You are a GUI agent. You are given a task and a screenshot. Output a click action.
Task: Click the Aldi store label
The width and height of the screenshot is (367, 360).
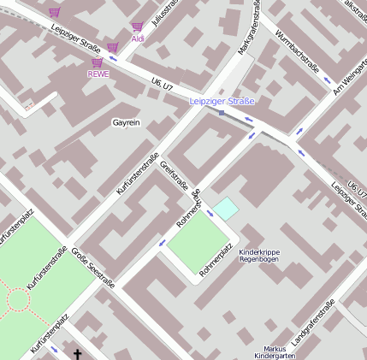[138, 38]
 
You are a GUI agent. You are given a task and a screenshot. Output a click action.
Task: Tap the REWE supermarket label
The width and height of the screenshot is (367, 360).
[98, 74]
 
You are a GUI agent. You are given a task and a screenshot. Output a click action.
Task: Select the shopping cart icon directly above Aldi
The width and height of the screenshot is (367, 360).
[137, 27]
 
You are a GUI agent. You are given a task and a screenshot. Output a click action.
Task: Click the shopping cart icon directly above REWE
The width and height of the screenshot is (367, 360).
[97, 62]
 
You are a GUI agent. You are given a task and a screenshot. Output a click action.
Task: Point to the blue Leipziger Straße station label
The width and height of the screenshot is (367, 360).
[222, 102]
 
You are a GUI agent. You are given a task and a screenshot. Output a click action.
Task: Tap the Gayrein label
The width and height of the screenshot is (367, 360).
[126, 123]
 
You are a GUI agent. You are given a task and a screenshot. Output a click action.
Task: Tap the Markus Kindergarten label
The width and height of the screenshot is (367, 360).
[275, 352]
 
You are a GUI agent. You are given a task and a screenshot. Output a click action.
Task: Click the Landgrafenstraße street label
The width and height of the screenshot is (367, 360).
[313, 323]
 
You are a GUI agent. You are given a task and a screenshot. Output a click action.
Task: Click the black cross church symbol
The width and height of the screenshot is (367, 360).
[78, 353]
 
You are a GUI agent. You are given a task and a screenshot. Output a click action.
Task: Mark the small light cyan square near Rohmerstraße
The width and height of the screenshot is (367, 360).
[226, 207]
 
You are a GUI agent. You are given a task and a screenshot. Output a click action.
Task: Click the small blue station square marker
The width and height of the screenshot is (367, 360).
[222, 113]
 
